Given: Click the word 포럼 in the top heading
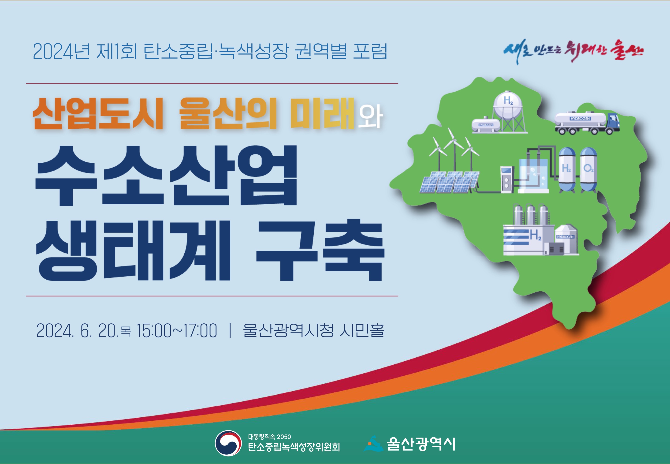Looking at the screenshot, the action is tap(370, 52).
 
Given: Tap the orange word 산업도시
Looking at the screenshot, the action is tap(98, 114).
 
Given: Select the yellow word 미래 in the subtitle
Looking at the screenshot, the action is tap(322, 114).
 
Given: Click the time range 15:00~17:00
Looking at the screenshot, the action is tap(176, 331).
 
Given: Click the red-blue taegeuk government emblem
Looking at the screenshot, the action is tap(228, 443).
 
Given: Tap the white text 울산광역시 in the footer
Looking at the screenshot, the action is tap(421, 444).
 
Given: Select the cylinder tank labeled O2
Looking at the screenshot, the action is tap(588, 170).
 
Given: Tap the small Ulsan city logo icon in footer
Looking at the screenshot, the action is tap(373, 444).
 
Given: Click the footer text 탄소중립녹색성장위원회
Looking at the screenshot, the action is tap(294, 447).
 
